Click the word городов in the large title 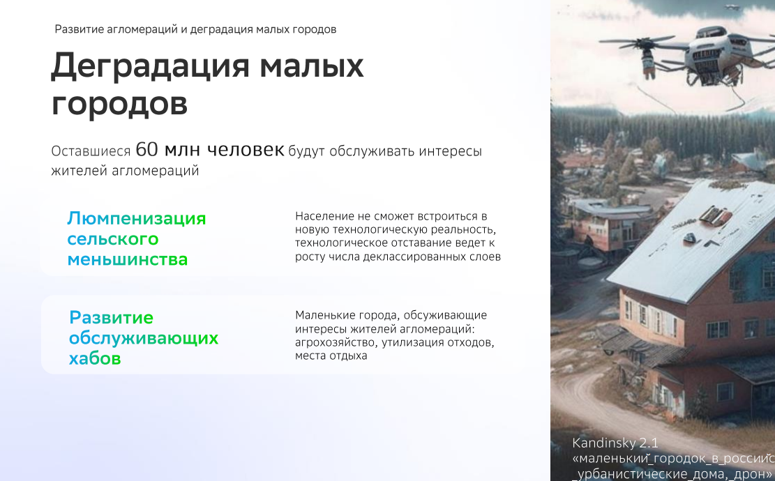coord(119,105)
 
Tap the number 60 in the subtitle coord(147,149)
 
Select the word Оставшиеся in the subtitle coord(91,151)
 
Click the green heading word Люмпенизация coord(137,219)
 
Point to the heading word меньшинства coord(128,259)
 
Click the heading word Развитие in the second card coord(111,318)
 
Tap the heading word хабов coord(95,359)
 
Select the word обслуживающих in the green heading coord(144,339)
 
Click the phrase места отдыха coord(331,356)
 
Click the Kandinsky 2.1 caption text coord(615,443)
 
